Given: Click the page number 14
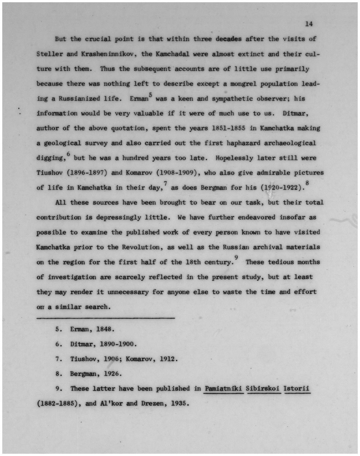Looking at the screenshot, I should pos(309,24).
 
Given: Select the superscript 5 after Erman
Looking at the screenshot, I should pos(150,95).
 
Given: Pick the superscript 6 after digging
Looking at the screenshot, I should pos(68,154).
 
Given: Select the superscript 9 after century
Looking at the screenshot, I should pos(236,258).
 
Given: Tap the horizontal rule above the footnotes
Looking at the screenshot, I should pos(105,318).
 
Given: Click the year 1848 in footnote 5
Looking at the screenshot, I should pos(105,329).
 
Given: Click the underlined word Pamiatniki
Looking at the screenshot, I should pos(224,389).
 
